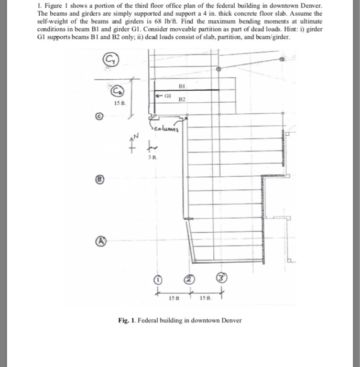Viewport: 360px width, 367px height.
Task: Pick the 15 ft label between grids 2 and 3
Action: click(x=206, y=299)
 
